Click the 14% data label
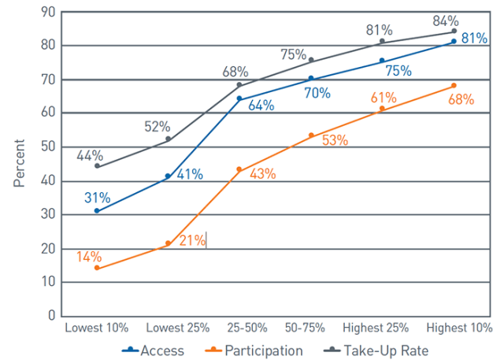click(x=89, y=255)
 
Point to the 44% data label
click(x=89, y=155)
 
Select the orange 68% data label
click(x=461, y=99)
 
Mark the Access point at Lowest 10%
click(x=97, y=211)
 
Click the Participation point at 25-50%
click(x=239, y=169)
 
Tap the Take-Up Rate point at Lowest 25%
click(x=168, y=139)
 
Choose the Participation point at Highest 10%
click(x=454, y=85)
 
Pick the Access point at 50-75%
click(x=311, y=78)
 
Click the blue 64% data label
click(x=261, y=106)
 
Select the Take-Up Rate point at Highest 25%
click(x=382, y=41)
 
